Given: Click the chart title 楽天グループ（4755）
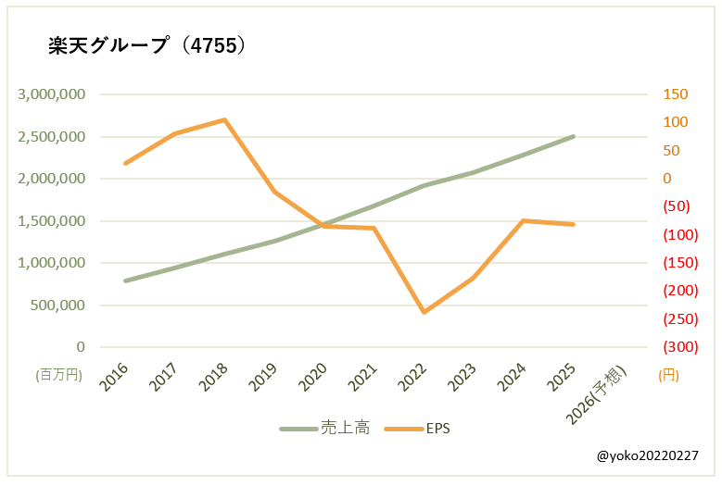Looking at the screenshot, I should pyautogui.click(x=147, y=46).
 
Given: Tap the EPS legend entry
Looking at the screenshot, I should pyautogui.click(x=437, y=429).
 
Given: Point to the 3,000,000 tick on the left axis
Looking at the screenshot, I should pyautogui.click(x=52, y=94).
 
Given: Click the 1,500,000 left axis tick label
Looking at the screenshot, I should pyautogui.click(x=52, y=221).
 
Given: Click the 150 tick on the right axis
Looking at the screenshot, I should pyautogui.click(x=674, y=94).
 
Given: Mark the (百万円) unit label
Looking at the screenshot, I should pyautogui.click(x=59, y=375).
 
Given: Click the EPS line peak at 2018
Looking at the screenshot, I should pyautogui.click(x=225, y=119).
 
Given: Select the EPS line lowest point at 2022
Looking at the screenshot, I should pyautogui.click(x=424, y=312).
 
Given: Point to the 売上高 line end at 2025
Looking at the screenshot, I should pyautogui.click(x=574, y=136).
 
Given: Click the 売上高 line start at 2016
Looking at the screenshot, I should pyautogui.click(x=125, y=280).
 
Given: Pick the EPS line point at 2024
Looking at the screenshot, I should pyautogui.click(x=524, y=220).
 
